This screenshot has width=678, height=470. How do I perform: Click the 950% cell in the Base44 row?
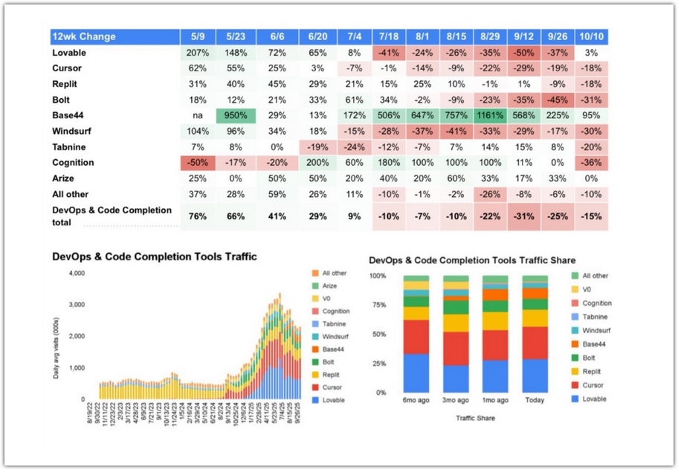point(236,116)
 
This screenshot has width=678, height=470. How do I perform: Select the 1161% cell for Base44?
point(490,116)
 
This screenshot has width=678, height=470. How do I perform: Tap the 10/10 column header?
point(592,36)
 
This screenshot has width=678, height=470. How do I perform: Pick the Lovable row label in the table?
point(69,54)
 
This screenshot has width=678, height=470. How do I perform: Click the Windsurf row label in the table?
point(72,132)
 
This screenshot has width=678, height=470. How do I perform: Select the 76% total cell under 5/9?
point(198,216)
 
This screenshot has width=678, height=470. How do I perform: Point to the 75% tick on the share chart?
point(379,305)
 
